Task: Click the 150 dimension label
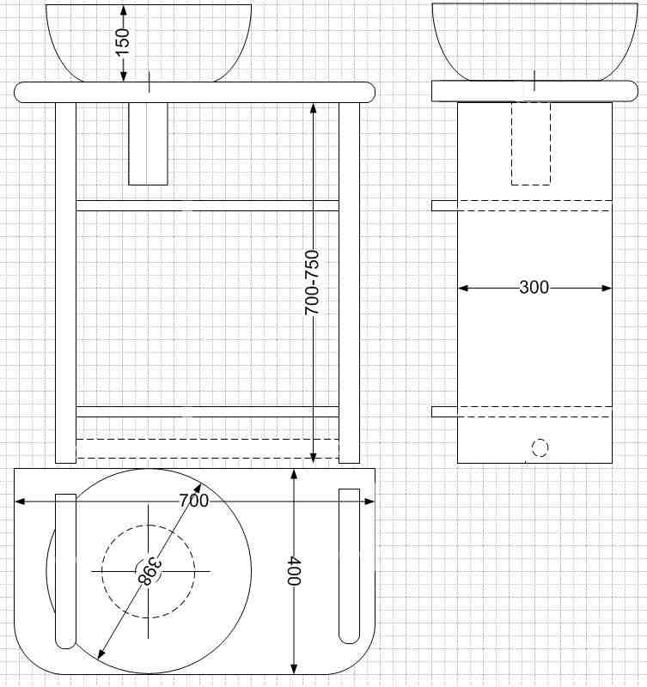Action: pos(123,41)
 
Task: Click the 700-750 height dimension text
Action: pos(312,283)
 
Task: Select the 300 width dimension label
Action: pos(534,288)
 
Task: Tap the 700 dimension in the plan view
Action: pos(193,501)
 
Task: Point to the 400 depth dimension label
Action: pos(294,571)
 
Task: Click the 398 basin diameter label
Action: pos(149,571)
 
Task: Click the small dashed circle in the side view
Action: pos(540,448)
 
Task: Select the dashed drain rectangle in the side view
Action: pos(531,143)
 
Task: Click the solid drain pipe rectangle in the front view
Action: pos(148,143)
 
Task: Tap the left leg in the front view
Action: pos(66,283)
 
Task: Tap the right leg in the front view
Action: pos(350,283)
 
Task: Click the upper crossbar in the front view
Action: pos(207,205)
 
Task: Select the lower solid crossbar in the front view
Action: pos(207,412)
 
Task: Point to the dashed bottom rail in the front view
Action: pos(207,448)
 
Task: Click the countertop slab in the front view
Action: pos(195,93)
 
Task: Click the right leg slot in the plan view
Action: pos(350,566)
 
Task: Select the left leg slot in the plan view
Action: pos(66,571)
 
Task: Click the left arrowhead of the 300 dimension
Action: pos(463,288)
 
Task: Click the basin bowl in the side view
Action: pos(534,42)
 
